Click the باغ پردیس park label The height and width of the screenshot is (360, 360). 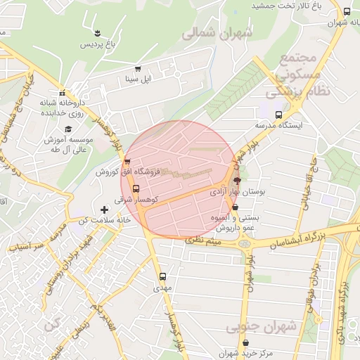tap(95, 44)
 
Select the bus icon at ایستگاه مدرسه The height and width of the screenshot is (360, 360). tap(279, 115)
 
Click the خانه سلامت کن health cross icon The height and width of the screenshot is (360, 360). tap(105, 210)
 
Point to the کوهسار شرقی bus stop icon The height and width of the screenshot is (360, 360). tap(136, 188)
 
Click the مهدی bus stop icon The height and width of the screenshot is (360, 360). tap(163, 276)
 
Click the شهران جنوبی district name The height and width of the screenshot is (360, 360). tap(252, 328)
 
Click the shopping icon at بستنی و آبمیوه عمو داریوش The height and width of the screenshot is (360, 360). tap(235, 207)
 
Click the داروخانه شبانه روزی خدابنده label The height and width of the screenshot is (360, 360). tap(62, 108)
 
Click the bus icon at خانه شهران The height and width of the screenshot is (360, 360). tap(347, 11)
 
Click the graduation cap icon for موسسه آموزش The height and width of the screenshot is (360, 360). tap(68, 129)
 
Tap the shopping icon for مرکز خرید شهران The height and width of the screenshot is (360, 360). tap(245, 343)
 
